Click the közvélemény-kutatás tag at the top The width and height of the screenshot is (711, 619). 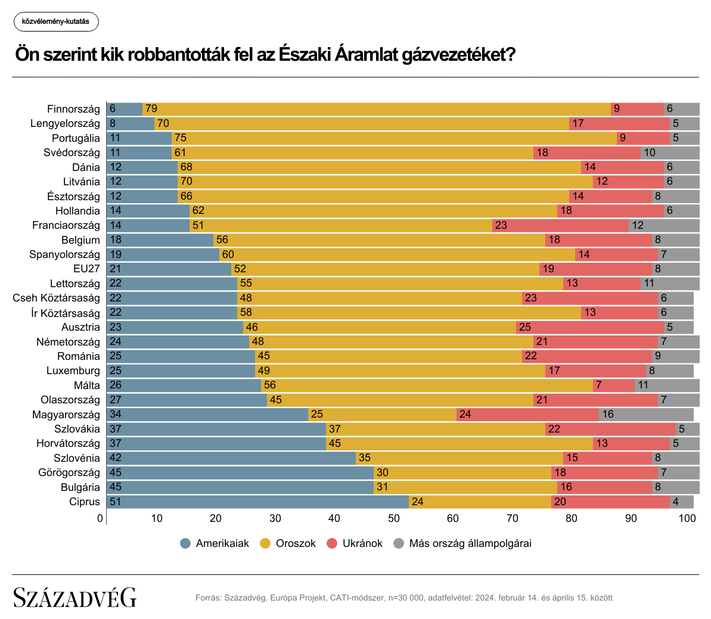(55, 21)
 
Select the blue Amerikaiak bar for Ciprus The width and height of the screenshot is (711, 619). (257, 502)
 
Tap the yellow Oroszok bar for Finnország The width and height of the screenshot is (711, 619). (377, 109)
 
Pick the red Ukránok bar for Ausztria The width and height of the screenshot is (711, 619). (589, 327)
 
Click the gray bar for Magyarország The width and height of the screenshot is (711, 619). (646, 414)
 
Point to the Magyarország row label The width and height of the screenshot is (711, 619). (66, 414)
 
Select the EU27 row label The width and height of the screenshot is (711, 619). (86, 269)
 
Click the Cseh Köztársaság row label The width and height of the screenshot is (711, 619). (57, 298)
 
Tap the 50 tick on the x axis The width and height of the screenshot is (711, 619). (394, 518)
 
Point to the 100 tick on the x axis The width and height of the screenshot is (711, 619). (687, 518)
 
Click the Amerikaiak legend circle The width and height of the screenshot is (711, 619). (185, 543)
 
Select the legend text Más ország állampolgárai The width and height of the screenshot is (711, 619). (470, 543)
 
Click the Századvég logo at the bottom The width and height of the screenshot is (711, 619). (75, 597)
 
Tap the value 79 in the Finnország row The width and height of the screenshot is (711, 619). (151, 109)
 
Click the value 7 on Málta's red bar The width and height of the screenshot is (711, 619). (598, 385)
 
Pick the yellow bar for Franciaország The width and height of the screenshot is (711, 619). (340, 225)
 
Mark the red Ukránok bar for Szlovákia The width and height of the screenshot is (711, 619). (610, 429)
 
